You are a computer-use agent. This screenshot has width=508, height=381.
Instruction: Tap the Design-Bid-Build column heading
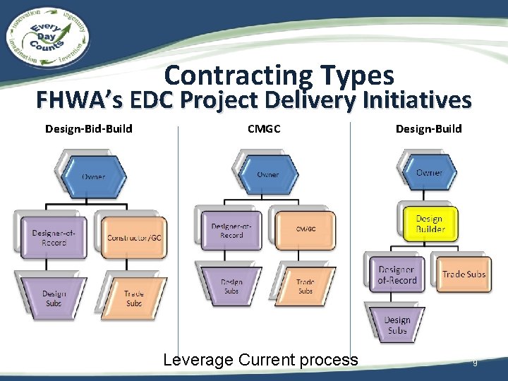pos(89,128)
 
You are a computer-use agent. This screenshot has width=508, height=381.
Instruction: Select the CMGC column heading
pos(263,128)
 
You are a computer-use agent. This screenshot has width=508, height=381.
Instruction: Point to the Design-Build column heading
pos(428,128)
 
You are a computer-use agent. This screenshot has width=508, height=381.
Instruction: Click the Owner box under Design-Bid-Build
pos(92,175)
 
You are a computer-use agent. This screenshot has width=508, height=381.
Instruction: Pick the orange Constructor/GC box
pos(134,238)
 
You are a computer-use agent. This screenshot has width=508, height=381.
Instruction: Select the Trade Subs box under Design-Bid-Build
pos(133,298)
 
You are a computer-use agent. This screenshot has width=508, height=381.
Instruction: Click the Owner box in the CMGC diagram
pos(267,174)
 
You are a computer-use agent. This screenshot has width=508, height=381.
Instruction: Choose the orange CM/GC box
pos(305,229)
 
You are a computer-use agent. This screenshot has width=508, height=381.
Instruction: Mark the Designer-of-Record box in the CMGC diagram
pos(231,230)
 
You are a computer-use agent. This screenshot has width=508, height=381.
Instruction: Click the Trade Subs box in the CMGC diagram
pos(305,285)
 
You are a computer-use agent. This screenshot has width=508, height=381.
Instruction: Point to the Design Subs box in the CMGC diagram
pos(231,285)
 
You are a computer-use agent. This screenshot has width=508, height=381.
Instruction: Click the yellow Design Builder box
pos(429,225)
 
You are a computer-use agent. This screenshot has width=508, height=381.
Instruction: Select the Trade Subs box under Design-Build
pos(464,274)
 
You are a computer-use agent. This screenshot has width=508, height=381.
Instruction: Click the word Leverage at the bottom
pos(198,360)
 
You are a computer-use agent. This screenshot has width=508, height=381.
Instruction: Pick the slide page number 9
pos(475,363)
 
